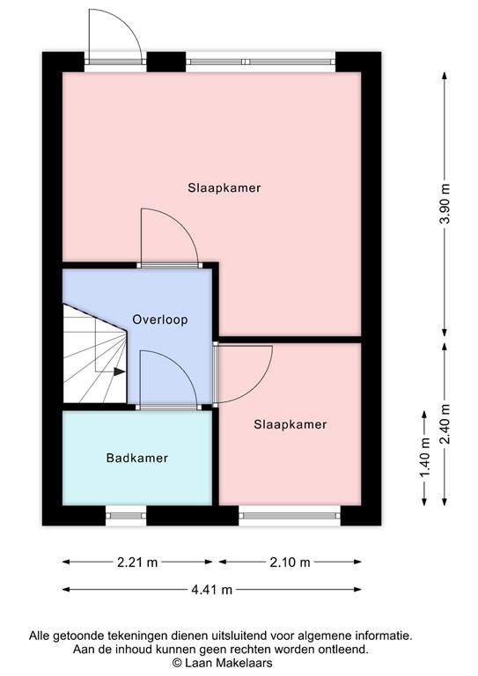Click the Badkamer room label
pos(136,458)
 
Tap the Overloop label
pos(159,320)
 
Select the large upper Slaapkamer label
pos(224,187)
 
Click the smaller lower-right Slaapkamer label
pos(290,424)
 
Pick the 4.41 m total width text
pos(212,590)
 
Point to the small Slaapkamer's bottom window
pos(290,516)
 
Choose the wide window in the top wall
pos(261,62)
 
